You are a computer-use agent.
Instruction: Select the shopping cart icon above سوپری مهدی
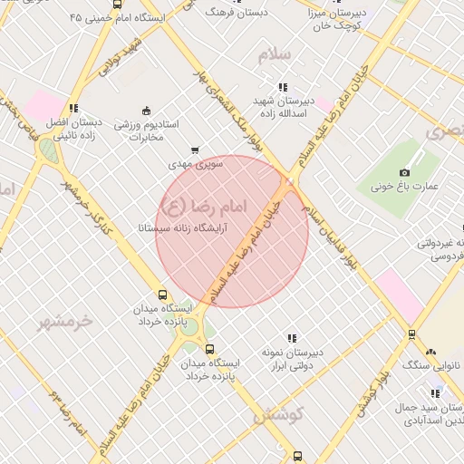[195, 151]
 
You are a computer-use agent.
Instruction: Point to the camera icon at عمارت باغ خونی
[404, 172]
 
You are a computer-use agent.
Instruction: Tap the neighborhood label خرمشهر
[68, 320]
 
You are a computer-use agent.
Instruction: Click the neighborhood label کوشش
[277, 416]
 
